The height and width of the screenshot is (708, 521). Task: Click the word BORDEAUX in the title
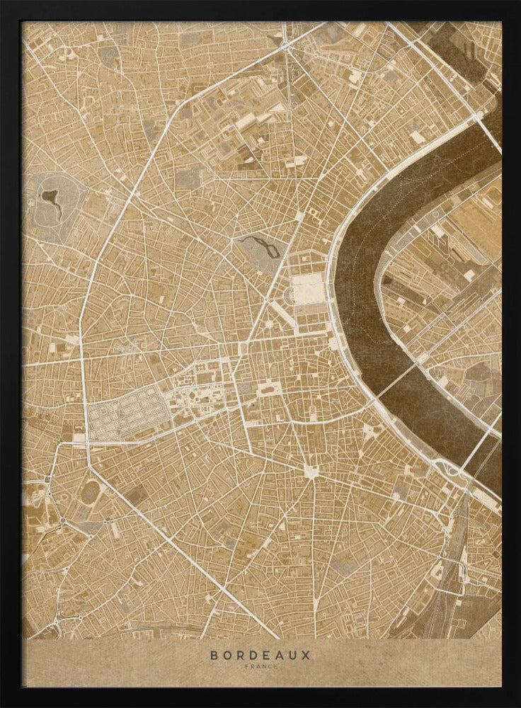click(260, 655)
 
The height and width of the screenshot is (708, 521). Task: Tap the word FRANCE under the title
click(260, 667)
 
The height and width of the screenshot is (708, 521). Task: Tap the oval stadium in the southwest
click(90, 491)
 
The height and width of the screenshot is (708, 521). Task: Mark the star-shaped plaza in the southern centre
click(310, 469)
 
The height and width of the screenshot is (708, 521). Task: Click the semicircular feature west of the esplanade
click(289, 296)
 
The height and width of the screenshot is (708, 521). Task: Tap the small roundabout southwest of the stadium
click(62, 521)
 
